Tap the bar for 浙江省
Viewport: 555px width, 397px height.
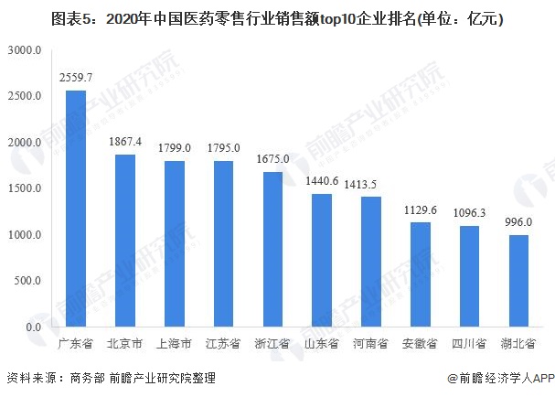272,249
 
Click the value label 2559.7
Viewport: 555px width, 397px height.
76,80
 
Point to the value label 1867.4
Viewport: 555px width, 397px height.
125,143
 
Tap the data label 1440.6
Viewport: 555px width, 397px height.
322,182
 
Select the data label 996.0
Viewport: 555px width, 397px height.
519,222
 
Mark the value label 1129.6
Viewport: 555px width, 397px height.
421,210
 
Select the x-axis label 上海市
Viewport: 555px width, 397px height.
175,344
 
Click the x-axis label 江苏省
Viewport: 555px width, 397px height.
224,344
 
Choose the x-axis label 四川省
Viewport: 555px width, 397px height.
470,344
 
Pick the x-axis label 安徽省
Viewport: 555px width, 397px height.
421,344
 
